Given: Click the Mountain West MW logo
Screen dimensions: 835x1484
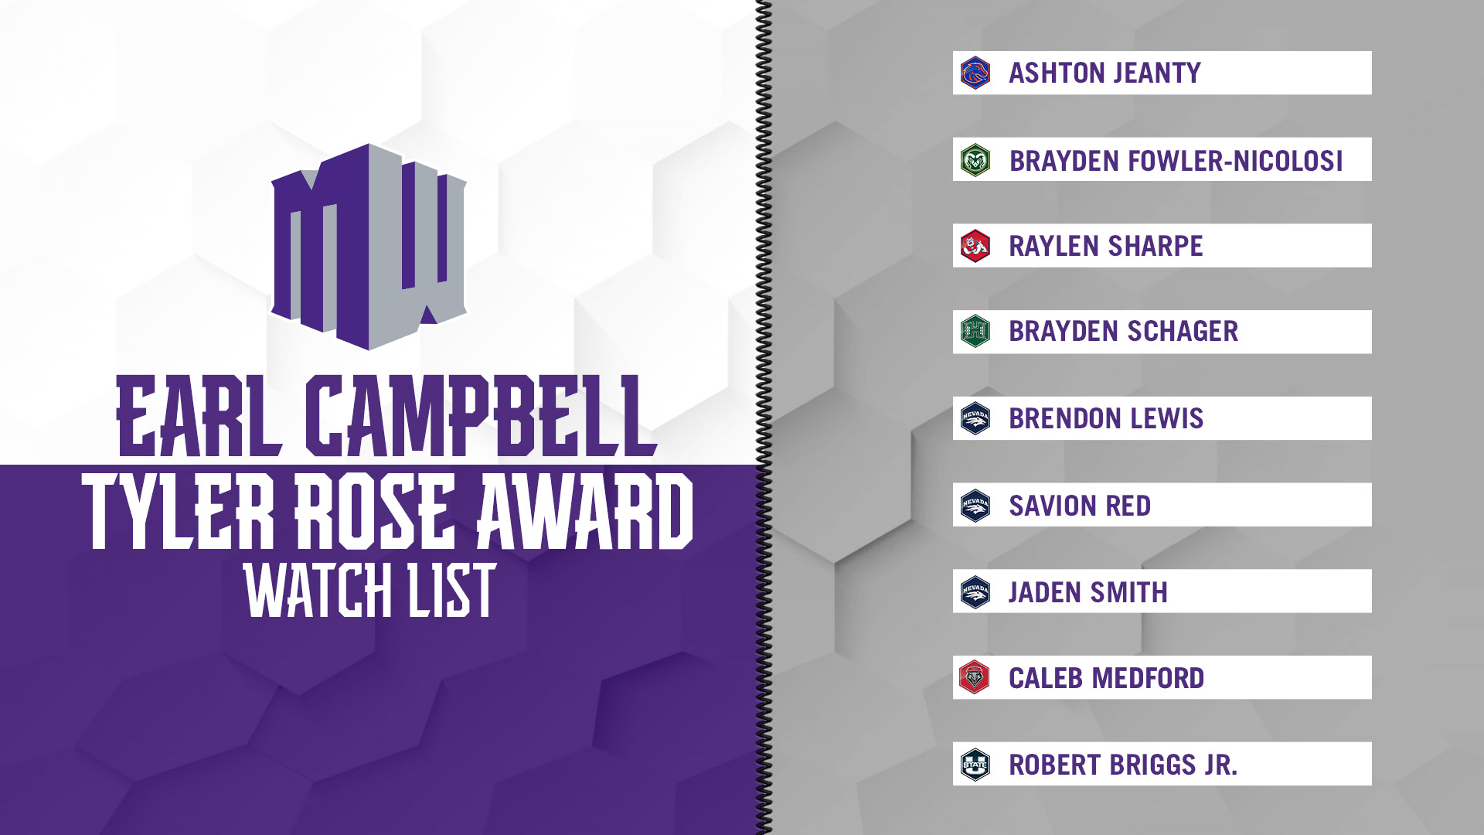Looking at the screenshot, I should (x=369, y=246).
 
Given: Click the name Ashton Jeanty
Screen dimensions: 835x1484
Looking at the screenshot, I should (x=1104, y=73).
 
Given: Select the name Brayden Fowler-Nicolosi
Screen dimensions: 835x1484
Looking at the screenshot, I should (x=1176, y=161).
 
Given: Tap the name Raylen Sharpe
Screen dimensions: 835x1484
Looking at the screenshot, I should (x=1105, y=247).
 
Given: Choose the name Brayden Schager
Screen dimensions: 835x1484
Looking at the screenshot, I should (x=1123, y=332).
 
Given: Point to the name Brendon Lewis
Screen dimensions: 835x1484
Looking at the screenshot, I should (x=1106, y=419).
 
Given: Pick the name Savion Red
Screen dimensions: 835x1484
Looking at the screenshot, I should (x=1080, y=506).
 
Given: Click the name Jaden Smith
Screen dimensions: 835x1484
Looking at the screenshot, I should (x=1087, y=593).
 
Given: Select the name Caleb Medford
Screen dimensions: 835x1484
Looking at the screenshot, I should (x=1106, y=679).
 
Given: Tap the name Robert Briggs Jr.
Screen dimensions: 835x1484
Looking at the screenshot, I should (x=1122, y=765).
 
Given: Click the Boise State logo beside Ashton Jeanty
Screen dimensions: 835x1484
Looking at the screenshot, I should (x=975, y=73).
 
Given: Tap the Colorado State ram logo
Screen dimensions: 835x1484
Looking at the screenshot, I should (x=975, y=160).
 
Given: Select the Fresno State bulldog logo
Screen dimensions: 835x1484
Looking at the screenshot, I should (x=975, y=247).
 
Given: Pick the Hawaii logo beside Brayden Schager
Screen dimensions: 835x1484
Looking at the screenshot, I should (x=975, y=332).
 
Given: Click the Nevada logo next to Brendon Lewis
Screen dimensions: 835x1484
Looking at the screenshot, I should (x=975, y=418).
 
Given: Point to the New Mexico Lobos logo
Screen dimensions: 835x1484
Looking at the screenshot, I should (x=975, y=678).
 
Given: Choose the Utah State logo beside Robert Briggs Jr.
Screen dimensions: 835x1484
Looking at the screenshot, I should (x=975, y=765).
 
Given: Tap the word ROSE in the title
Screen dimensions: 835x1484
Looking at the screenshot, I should (x=376, y=511).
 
